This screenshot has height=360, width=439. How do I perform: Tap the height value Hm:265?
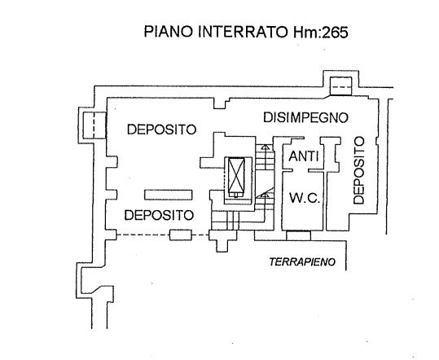click(x=321, y=32)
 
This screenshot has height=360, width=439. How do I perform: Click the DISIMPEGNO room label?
click(x=305, y=117)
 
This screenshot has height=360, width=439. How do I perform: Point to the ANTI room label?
click(x=304, y=156)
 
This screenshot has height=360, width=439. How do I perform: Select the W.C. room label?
click(x=305, y=198)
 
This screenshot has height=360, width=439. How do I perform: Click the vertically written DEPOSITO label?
click(x=359, y=170)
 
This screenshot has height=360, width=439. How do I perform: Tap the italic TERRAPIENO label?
click(x=302, y=262)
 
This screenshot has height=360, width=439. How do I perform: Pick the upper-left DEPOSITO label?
click(x=161, y=130)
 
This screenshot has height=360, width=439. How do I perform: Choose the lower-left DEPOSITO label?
click(x=159, y=215)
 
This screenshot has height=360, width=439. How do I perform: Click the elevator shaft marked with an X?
click(x=236, y=178)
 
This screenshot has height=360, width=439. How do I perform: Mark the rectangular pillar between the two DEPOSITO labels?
click(x=169, y=195)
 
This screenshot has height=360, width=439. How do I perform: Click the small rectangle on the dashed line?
click(x=181, y=235)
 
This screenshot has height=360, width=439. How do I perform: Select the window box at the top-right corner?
click(x=340, y=86)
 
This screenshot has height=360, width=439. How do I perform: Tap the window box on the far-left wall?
click(x=94, y=125)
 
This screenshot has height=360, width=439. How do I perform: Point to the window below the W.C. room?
click(x=298, y=235)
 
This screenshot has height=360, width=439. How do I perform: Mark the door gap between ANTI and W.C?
click(x=300, y=170)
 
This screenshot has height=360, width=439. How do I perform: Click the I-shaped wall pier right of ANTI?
click(x=331, y=154)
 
